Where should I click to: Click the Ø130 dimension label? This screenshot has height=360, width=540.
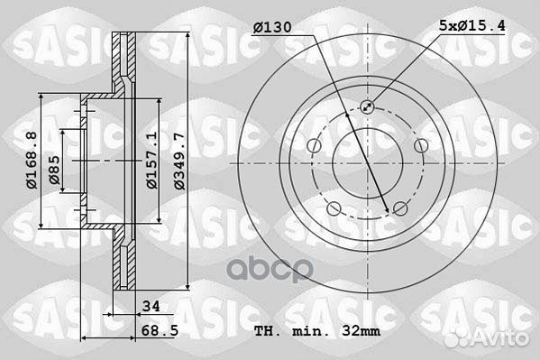[x=272, y=27]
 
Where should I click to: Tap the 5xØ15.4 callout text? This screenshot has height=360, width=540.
[x=472, y=25]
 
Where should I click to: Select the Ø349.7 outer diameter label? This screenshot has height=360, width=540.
[x=179, y=161]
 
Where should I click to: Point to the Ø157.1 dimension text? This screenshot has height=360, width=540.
[x=151, y=160]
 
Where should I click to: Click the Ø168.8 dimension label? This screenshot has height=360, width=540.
[x=32, y=160]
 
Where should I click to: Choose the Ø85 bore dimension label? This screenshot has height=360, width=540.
[x=54, y=170]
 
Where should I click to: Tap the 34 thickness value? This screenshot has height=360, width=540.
[x=151, y=306]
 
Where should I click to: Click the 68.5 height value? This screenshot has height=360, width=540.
[x=160, y=331]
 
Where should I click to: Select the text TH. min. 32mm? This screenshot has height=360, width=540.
[x=317, y=331]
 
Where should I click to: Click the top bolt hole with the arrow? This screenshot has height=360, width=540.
[x=367, y=106]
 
